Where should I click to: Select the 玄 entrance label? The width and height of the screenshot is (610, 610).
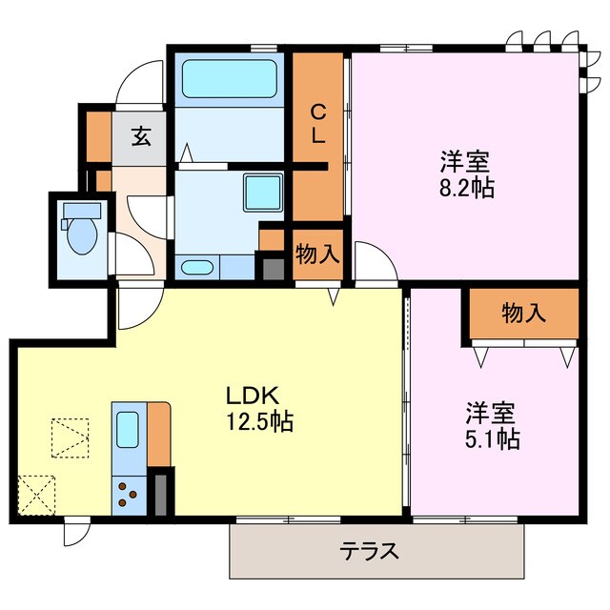140,135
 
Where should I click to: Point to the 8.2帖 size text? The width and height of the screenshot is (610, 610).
466,188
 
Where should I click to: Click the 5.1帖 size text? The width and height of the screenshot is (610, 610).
492,439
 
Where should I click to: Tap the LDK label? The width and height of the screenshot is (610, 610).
252,396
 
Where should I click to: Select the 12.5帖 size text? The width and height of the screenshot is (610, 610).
258,420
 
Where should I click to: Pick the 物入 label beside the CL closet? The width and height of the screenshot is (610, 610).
317,253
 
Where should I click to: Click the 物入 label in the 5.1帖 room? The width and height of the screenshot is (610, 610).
523,313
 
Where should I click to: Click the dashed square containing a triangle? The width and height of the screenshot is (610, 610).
70,439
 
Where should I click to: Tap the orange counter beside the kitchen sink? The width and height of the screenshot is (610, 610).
158,434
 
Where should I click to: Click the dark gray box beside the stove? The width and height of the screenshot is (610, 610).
161,492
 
